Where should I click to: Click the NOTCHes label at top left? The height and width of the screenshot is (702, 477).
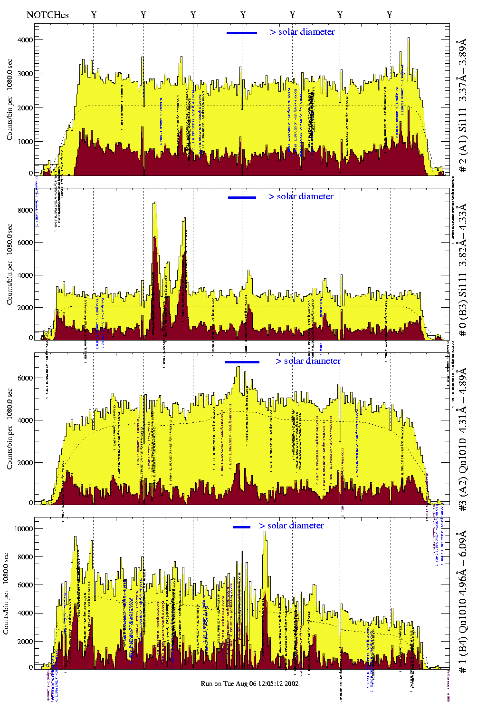click(48, 15)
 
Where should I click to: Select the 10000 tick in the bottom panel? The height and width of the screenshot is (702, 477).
click(24, 528)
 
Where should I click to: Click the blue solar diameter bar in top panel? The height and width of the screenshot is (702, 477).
click(242, 33)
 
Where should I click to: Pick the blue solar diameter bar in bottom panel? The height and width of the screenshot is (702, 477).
click(242, 527)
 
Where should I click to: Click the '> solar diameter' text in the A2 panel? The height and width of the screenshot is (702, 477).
click(308, 361)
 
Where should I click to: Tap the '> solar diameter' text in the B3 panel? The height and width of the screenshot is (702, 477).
click(301, 196)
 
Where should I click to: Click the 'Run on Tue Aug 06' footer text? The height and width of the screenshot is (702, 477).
click(249, 683)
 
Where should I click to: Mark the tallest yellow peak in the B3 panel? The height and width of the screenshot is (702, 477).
click(154, 204)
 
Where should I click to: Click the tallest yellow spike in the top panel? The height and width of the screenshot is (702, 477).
click(408, 39)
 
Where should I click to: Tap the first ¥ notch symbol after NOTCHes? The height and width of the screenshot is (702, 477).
click(94, 15)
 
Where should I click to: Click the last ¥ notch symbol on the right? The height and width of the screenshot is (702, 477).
click(390, 15)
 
